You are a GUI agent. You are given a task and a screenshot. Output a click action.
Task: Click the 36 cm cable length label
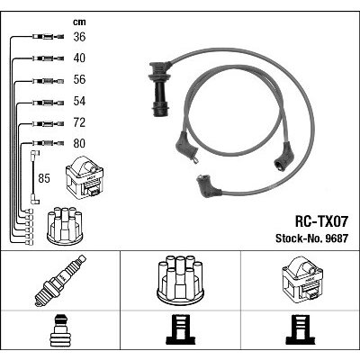point(79,37)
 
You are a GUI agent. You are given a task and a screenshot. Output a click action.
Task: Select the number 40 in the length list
point(79,58)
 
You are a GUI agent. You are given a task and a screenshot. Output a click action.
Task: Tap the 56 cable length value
point(79,79)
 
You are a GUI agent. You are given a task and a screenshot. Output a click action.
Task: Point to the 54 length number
point(79,101)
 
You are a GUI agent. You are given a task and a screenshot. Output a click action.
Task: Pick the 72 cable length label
point(79,122)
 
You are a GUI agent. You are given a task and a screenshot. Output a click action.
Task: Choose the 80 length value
point(79,143)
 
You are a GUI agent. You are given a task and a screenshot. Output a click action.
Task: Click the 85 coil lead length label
point(44,178)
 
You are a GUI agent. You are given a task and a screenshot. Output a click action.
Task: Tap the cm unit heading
point(79,22)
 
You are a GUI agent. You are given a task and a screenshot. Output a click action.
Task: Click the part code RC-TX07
point(321,222)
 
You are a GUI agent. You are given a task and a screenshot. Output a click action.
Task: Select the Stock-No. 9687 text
point(311,238)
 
